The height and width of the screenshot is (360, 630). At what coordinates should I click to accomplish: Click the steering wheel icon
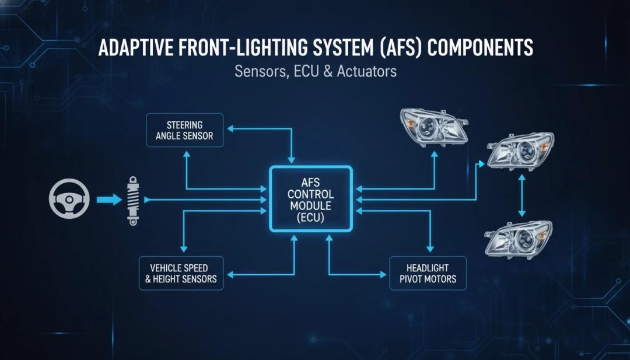(69, 199)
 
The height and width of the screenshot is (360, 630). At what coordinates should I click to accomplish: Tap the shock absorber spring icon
(132, 201)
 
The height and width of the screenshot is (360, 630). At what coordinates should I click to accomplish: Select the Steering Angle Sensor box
(184, 130)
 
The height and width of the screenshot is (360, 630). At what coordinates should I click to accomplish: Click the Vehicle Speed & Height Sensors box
(181, 273)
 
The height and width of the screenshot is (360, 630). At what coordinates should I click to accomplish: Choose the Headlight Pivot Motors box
(428, 273)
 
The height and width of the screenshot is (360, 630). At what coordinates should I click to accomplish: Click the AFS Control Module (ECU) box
(311, 200)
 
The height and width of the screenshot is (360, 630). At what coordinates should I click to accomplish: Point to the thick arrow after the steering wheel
(109, 200)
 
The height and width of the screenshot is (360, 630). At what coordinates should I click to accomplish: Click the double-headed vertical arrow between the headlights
(521, 195)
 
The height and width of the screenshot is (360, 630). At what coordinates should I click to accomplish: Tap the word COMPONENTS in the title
(480, 48)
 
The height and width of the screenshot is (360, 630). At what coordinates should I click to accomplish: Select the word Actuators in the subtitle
(367, 71)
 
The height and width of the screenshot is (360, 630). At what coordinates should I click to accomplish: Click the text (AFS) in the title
(397, 48)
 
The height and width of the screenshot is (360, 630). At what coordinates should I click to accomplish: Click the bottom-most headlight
(519, 239)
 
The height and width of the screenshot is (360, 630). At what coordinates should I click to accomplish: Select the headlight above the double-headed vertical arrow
(520, 151)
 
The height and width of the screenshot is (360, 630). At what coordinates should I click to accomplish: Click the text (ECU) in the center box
(310, 218)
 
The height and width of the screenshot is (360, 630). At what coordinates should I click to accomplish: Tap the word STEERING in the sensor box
(185, 125)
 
